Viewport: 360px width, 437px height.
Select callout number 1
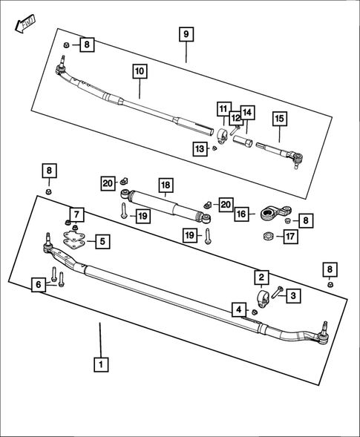100,364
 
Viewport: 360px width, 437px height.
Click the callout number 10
140,72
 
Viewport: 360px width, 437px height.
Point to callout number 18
165,185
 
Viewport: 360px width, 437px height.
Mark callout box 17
290,237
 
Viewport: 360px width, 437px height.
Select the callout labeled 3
293,295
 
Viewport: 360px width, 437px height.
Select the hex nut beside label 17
266,237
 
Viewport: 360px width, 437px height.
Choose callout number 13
199,149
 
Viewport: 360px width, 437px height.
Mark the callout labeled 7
78,215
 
